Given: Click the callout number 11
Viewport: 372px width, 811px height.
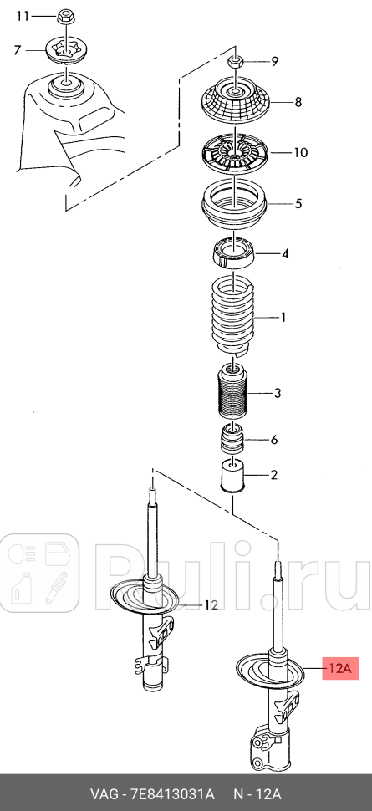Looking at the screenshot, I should click(x=23, y=17).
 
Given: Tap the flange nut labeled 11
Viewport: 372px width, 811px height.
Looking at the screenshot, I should click(x=65, y=16).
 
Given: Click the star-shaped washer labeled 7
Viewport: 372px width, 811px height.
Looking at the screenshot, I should click(x=66, y=50).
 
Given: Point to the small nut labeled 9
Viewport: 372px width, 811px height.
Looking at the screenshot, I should click(x=236, y=61).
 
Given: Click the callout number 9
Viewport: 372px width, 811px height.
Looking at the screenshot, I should click(x=274, y=62).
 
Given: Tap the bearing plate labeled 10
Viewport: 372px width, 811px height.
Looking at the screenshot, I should click(x=235, y=154).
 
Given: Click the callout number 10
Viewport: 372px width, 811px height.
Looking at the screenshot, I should click(x=300, y=153).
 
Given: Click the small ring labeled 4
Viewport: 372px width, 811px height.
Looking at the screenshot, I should click(x=234, y=250).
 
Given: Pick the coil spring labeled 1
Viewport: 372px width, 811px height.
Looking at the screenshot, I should click(x=234, y=318).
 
